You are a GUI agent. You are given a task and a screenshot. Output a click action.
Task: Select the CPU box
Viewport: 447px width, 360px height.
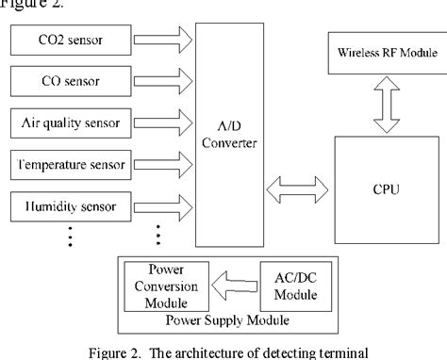click(x=386, y=189)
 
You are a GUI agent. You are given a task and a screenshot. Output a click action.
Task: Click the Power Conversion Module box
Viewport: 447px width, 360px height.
click(x=157, y=286)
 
